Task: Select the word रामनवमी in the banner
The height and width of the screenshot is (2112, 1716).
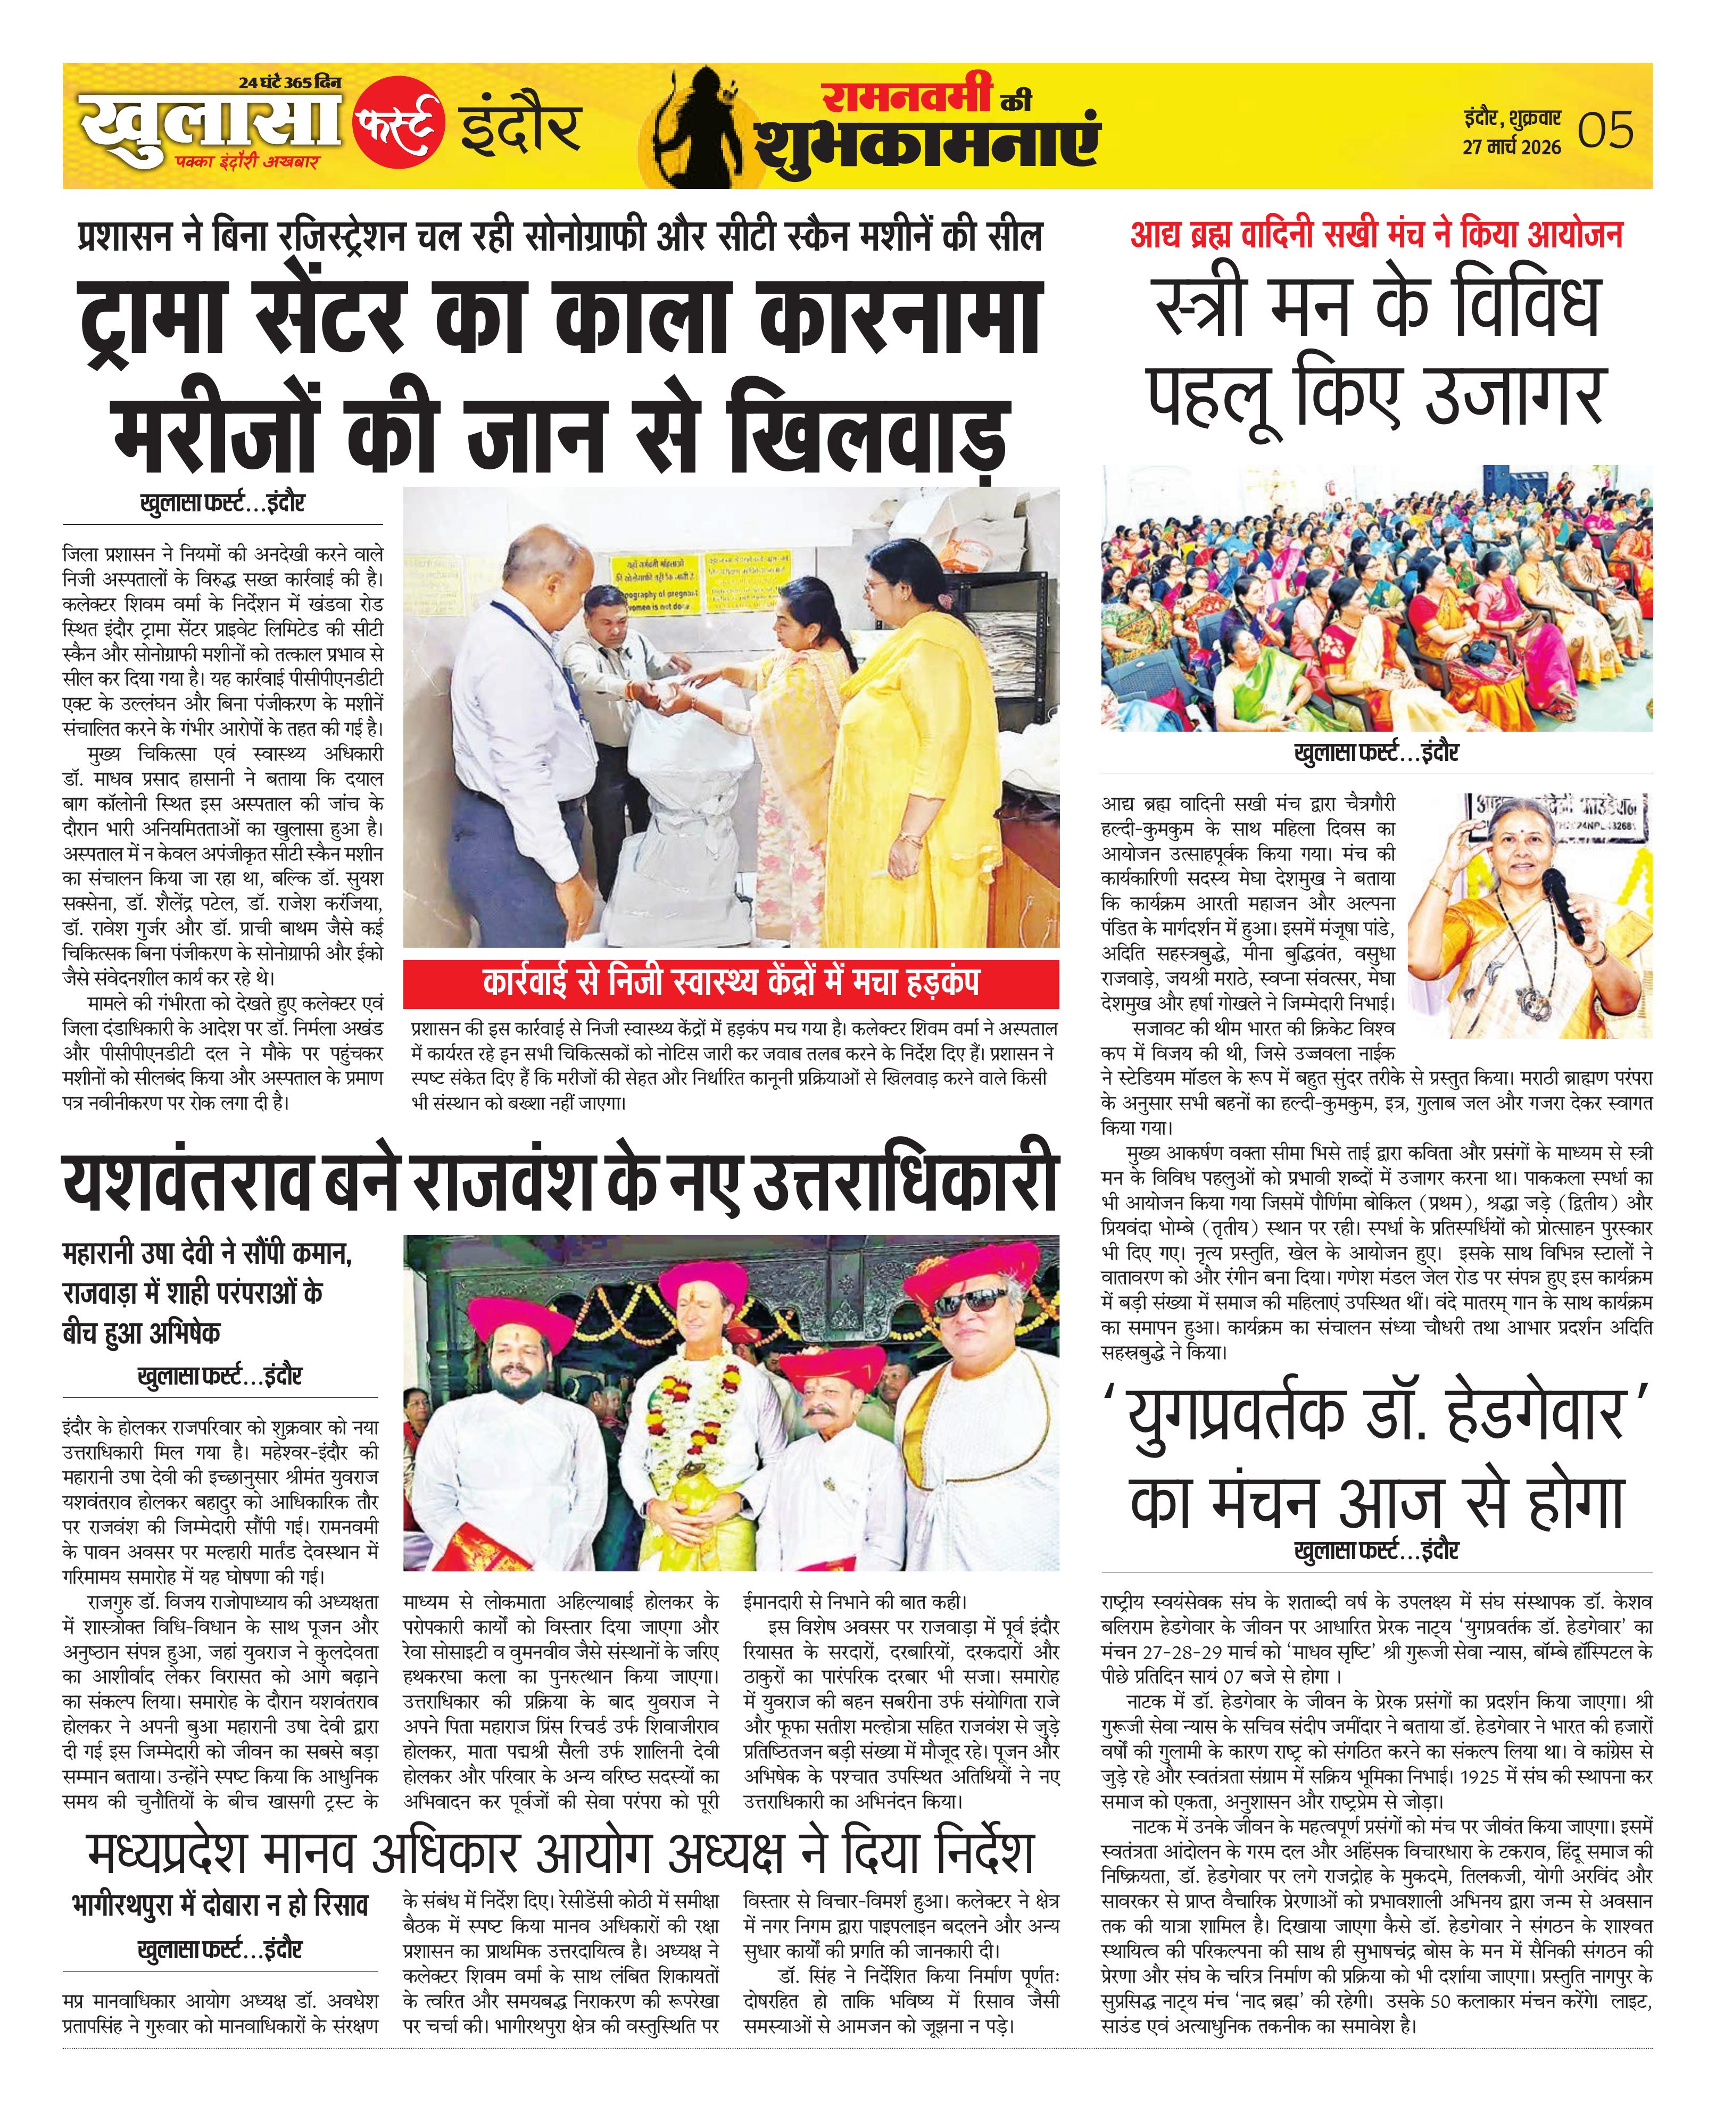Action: coord(907,96)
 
